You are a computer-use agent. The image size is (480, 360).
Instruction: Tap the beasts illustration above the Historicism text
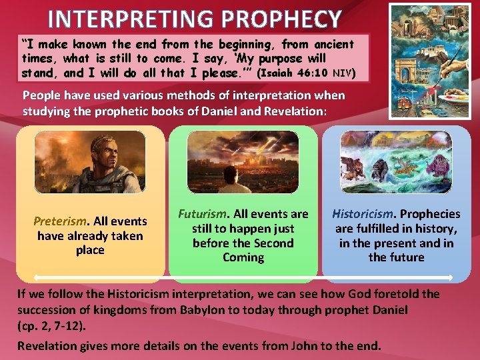click(x=397, y=162)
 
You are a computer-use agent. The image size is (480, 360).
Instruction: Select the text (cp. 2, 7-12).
click(x=51, y=326)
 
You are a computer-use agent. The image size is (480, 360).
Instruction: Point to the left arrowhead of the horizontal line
click(x=35, y=277)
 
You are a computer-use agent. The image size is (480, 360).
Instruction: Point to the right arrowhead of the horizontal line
click(x=451, y=277)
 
